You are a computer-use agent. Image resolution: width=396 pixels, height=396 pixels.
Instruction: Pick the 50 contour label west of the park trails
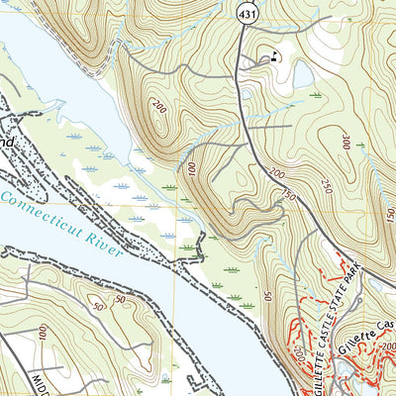tap(267, 295)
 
